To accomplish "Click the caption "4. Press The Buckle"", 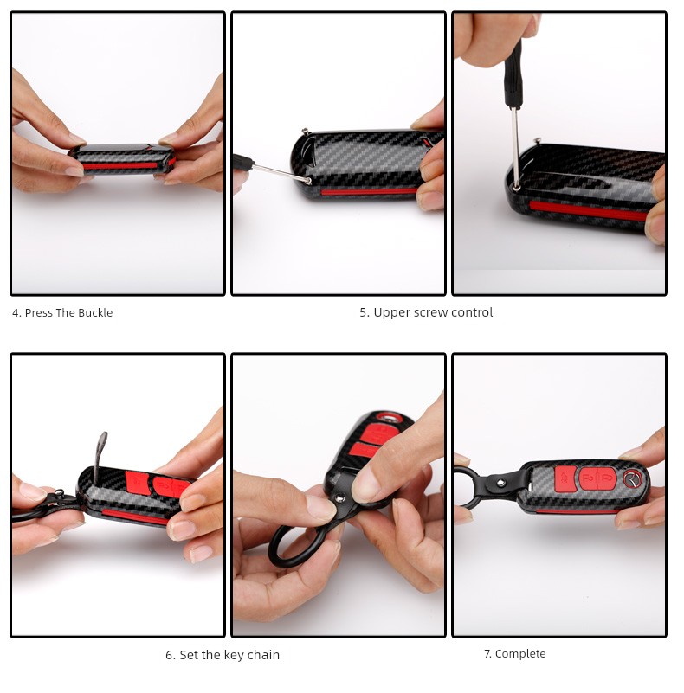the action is [62, 313].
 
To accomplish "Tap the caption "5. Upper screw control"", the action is [426, 312].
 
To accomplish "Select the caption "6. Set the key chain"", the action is [223, 655].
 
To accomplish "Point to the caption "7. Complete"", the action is [515, 654].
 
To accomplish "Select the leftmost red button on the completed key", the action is [565, 478].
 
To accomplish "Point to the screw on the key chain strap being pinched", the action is [339, 498].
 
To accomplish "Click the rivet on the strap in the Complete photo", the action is [500, 483].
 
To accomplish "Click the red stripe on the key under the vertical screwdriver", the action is [589, 210].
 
